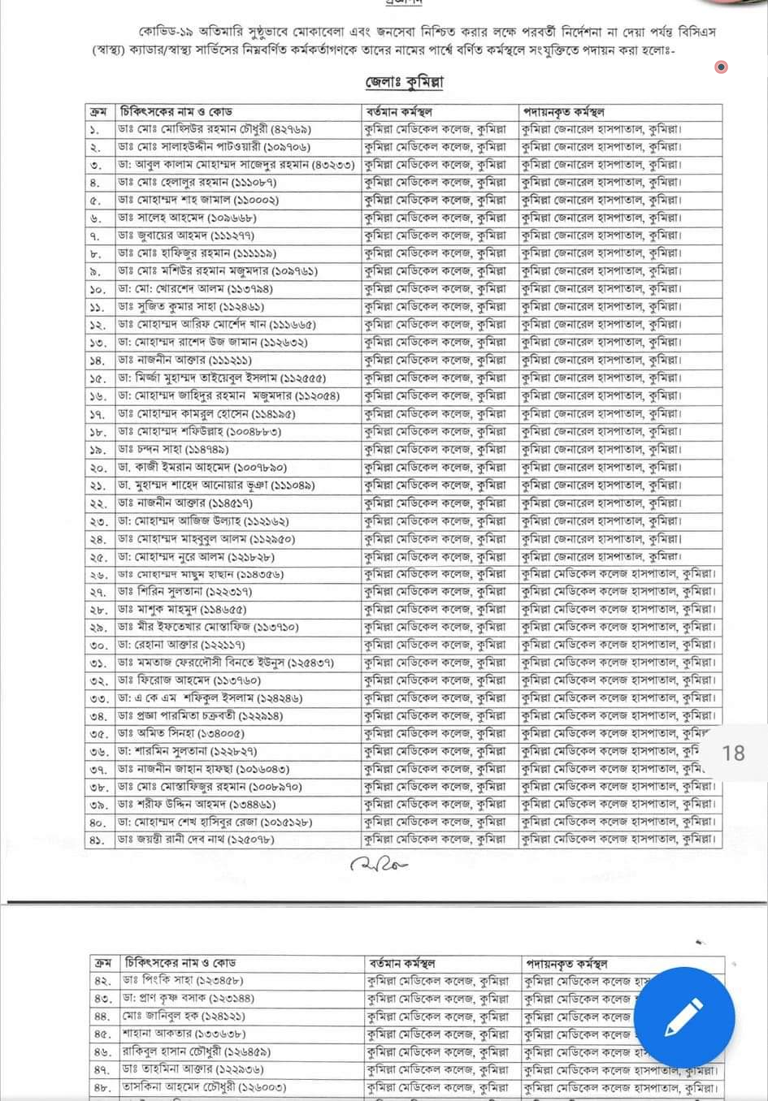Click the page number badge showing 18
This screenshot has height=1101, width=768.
(x=733, y=753)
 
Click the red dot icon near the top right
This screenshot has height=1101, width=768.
(x=721, y=67)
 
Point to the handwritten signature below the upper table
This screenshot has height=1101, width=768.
(x=380, y=864)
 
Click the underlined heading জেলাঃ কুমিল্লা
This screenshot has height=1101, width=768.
(x=404, y=82)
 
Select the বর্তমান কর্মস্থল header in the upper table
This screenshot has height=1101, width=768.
(x=399, y=111)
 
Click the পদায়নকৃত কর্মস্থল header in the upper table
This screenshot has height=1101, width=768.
(x=564, y=111)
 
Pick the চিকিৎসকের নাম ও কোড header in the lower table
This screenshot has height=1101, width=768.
(x=180, y=963)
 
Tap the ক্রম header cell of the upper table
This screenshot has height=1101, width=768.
(x=98, y=111)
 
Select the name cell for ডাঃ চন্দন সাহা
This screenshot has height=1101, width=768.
(x=173, y=449)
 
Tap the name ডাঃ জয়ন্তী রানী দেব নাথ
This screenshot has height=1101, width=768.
(x=196, y=840)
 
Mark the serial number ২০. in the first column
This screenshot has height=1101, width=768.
(x=98, y=468)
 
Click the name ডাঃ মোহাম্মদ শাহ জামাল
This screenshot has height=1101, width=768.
(x=198, y=200)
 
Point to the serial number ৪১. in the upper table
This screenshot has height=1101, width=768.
(x=98, y=840)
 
